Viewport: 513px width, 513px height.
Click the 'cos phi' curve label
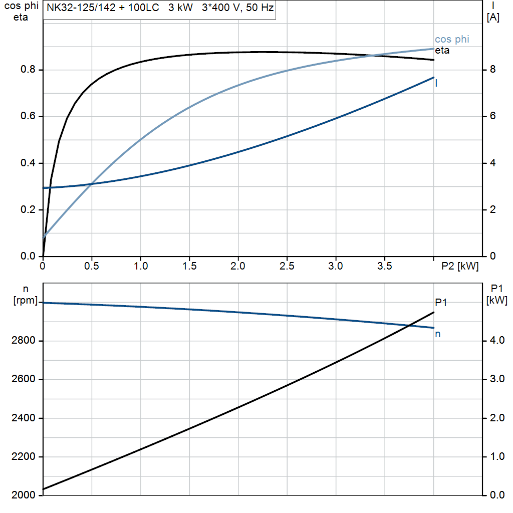point(452,40)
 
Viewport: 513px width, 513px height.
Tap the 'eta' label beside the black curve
point(442,51)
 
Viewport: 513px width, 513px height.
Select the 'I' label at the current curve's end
point(436,84)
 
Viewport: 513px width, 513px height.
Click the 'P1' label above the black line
point(441,302)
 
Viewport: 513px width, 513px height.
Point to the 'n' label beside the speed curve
point(437,334)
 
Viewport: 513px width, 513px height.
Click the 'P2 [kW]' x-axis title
point(460,267)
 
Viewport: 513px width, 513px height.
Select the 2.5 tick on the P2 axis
point(287,267)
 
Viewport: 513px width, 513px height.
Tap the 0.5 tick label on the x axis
point(92,267)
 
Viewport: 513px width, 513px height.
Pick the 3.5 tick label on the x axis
point(385,267)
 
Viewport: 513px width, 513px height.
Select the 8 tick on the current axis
point(492,70)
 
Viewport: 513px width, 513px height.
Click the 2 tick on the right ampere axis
point(492,210)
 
